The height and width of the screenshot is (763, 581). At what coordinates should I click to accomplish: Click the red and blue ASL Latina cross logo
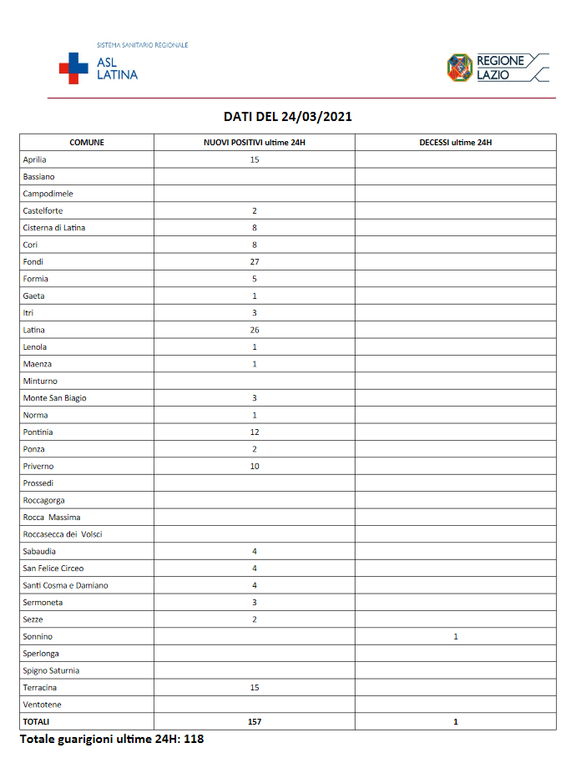(73, 68)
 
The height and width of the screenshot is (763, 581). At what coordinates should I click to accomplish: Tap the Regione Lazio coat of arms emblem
(459, 68)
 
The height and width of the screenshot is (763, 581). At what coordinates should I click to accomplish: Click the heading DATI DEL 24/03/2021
(288, 117)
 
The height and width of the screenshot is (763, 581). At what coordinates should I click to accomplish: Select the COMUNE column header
(87, 143)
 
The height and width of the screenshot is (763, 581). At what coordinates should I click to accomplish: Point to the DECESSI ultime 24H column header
(455, 143)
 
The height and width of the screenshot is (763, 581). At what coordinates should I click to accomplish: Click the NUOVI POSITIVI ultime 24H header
(254, 143)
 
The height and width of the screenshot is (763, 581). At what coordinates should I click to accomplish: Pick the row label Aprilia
(35, 159)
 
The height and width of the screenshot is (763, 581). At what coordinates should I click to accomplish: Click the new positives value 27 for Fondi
(254, 261)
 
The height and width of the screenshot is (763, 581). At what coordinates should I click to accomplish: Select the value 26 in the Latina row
(254, 330)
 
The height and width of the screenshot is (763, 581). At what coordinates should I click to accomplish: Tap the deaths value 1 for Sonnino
(455, 636)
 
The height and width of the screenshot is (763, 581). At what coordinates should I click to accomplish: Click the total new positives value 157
(254, 721)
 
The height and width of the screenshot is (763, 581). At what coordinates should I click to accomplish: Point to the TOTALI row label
(37, 721)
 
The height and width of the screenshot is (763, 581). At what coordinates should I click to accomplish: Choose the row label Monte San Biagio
(55, 398)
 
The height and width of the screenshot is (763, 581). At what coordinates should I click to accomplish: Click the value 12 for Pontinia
(254, 432)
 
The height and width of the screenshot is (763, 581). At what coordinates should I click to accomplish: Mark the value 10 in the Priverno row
(254, 466)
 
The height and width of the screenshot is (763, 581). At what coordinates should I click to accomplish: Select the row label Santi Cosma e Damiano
(66, 585)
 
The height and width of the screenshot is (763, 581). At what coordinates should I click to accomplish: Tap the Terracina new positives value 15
(254, 687)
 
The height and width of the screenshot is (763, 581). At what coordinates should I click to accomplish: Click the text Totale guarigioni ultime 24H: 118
(112, 739)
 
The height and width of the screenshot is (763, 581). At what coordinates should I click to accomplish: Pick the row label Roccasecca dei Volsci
(63, 534)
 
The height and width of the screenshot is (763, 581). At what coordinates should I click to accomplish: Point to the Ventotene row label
(43, 705)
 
